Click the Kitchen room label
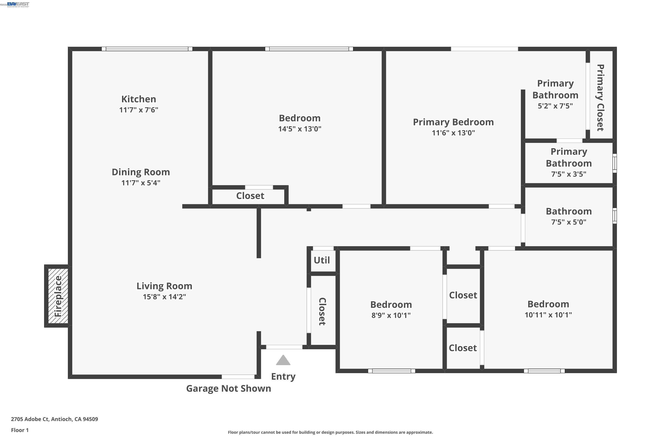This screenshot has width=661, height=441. pos(139,99)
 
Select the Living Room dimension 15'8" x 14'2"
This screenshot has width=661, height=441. pos(164,297)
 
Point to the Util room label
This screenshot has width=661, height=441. pos(322,260)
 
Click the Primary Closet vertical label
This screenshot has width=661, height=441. pos(600,98)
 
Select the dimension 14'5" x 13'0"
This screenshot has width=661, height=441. pos(300,129)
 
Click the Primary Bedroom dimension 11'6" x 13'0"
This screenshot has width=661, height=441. pos(453,133)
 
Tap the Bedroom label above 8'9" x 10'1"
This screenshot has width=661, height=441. pos(391,305)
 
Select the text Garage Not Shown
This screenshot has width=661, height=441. pos(228,388)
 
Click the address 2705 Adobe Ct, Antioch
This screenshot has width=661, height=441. pos(54,419)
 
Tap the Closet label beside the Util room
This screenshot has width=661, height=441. pos(322,311)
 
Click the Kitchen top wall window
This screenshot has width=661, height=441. pos(147,49)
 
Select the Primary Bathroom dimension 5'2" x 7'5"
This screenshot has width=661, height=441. pos(555,106)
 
